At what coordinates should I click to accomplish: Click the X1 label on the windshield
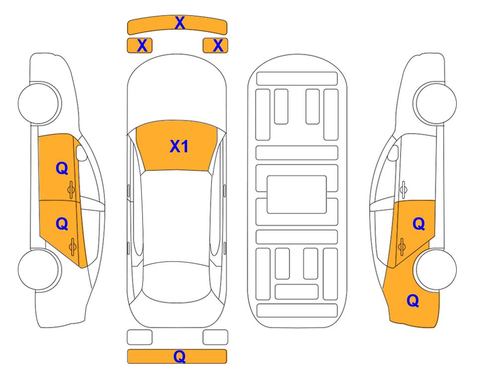[179, 146]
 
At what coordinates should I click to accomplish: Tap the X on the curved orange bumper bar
[180, 23]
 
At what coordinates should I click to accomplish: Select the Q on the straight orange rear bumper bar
[180, 356]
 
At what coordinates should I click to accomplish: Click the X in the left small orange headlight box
[142, 46]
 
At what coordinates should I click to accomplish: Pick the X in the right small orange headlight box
[218, 46]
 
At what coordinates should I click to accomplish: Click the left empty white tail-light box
[139, 337]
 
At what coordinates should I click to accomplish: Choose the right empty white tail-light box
[215, 337]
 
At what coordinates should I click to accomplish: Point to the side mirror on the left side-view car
[81, 153]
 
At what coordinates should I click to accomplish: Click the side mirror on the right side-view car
[393, 153]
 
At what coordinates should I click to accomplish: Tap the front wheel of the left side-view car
[38, 103]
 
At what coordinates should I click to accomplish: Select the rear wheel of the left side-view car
[38, 269]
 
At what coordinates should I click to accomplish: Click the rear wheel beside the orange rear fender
[436, 269]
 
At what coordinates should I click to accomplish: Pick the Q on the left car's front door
[62, 168]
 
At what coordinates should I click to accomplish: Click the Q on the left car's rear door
[62, 224]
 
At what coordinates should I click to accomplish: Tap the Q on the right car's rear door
[419, 224]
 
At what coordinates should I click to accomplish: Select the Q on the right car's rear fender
[413, 301]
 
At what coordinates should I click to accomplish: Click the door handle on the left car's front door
[71, 190]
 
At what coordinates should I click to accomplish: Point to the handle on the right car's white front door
[404, 190]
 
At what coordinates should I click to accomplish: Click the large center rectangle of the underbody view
[297, 194]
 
